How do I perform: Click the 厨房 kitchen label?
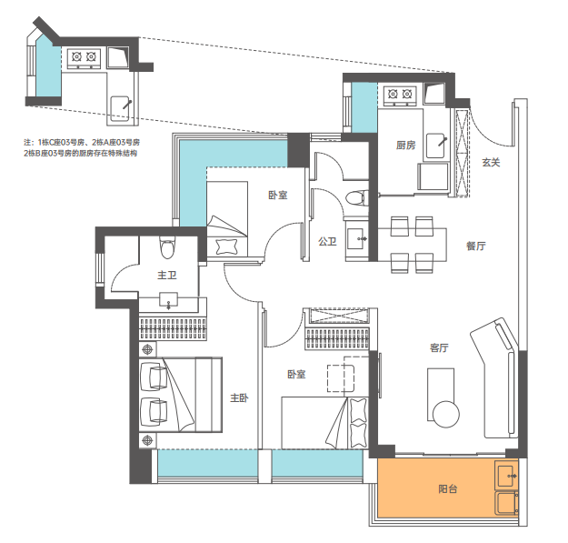(405, 146)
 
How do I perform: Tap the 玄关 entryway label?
(491, 163)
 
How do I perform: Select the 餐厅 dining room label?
(475, 246)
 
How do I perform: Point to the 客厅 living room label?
(439, 348)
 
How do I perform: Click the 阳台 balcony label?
(448, 489)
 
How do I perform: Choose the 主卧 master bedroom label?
(239, 398)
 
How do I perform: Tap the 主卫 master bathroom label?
(167, 275)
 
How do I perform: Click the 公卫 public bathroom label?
(327, 241)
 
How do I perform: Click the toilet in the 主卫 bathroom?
(167, 247)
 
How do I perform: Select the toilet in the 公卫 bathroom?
(357, 198)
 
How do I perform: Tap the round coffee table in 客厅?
(446, 414)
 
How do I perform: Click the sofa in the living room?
(495, 377)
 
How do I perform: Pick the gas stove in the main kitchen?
(400, 96)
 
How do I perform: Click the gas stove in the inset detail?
(84, 58)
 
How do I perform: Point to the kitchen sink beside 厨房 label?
(436, 146)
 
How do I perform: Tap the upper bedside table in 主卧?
(148, 349)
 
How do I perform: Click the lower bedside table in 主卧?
(148, 440)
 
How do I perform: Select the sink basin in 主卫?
(168, 300)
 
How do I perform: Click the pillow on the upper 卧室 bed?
(227, 246)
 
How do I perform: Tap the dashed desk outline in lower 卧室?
(341, 378)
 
